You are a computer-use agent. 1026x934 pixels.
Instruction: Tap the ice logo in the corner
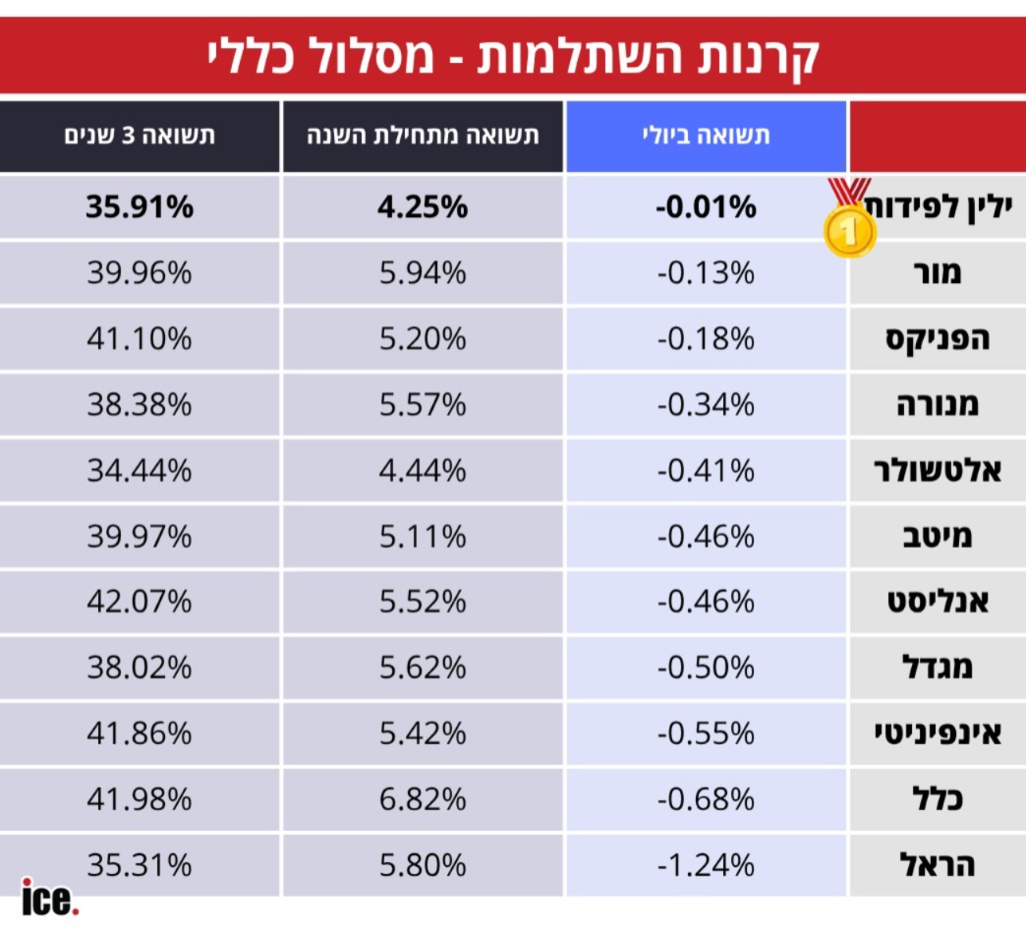50,898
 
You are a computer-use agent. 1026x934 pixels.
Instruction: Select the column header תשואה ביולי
706,136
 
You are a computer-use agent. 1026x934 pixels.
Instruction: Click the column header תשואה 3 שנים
140,136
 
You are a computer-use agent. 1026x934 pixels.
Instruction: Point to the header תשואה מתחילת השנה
423,136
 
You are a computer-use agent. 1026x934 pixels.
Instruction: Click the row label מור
937,272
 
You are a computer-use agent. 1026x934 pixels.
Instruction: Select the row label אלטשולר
937,470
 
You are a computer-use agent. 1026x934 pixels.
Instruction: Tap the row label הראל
937,864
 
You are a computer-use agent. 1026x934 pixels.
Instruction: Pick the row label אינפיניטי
937,733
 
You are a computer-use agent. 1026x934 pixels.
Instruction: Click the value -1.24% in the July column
706,865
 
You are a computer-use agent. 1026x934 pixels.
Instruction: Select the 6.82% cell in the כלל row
423,799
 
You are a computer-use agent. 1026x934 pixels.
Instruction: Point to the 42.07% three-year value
140,602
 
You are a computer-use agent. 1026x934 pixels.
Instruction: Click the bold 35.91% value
140,206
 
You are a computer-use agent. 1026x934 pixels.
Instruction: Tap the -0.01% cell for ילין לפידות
706,206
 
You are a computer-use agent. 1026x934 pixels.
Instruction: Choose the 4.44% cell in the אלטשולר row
423,470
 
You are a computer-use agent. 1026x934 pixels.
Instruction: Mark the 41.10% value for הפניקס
140,338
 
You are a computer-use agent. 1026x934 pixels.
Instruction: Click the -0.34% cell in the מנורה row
706,404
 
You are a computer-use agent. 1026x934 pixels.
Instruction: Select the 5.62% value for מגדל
423,668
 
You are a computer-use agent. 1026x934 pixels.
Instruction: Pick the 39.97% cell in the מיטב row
140,536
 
